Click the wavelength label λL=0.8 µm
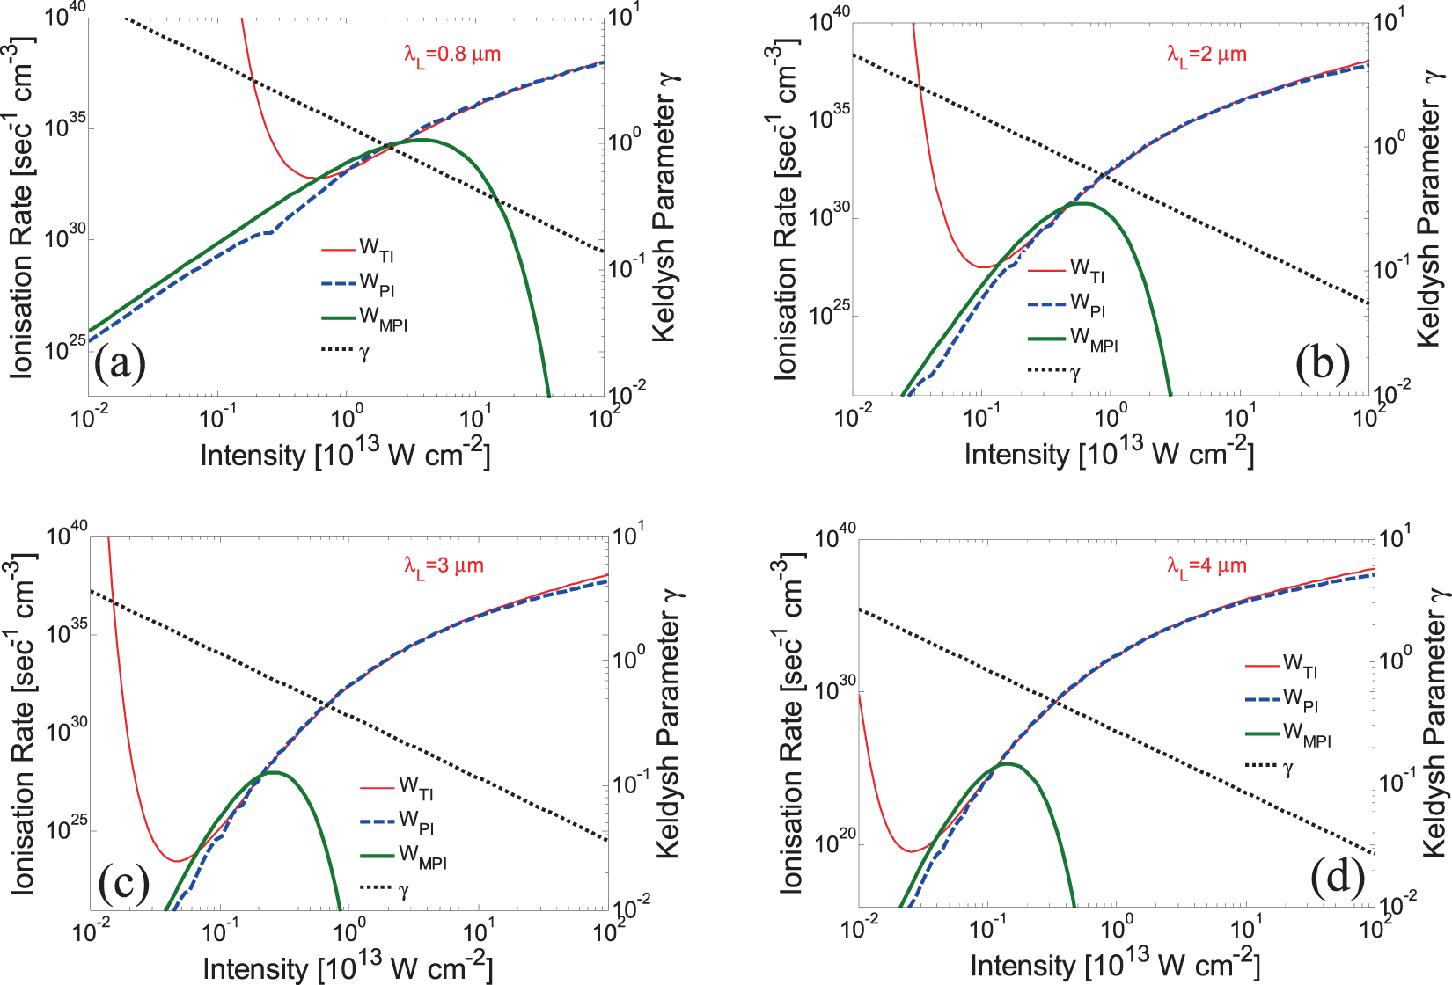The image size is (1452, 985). pyautogui.click(x=452, y=55)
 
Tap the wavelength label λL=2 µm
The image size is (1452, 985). pyautogui.click(x=1206, y=55)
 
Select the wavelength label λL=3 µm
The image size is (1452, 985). pyautogui.click(x=444, y=565)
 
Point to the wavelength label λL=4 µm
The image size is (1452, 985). pyautogui.click(x=1206, y=565)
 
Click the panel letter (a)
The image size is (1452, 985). pyautogui.click(x=120, y=362)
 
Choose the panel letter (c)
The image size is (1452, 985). pyautogui.click(x=124, y=882)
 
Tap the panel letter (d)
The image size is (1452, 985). pyautogui.click(x=1338, y=877)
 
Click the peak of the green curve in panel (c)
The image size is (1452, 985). pyautogui.click(x=275, y=772)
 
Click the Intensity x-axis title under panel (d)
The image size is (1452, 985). pyautogui.click(x=1115, y=964)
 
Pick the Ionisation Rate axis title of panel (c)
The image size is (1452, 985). pyautogui.click(x=22, y=726)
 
